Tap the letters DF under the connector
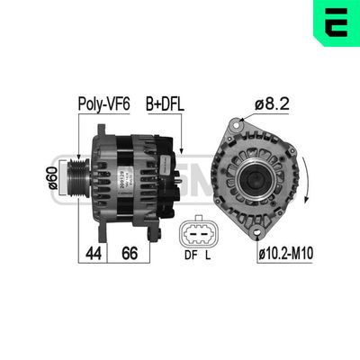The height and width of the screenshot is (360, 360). click(x=190, y=255)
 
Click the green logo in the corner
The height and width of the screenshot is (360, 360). click(x=334, y=23)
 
